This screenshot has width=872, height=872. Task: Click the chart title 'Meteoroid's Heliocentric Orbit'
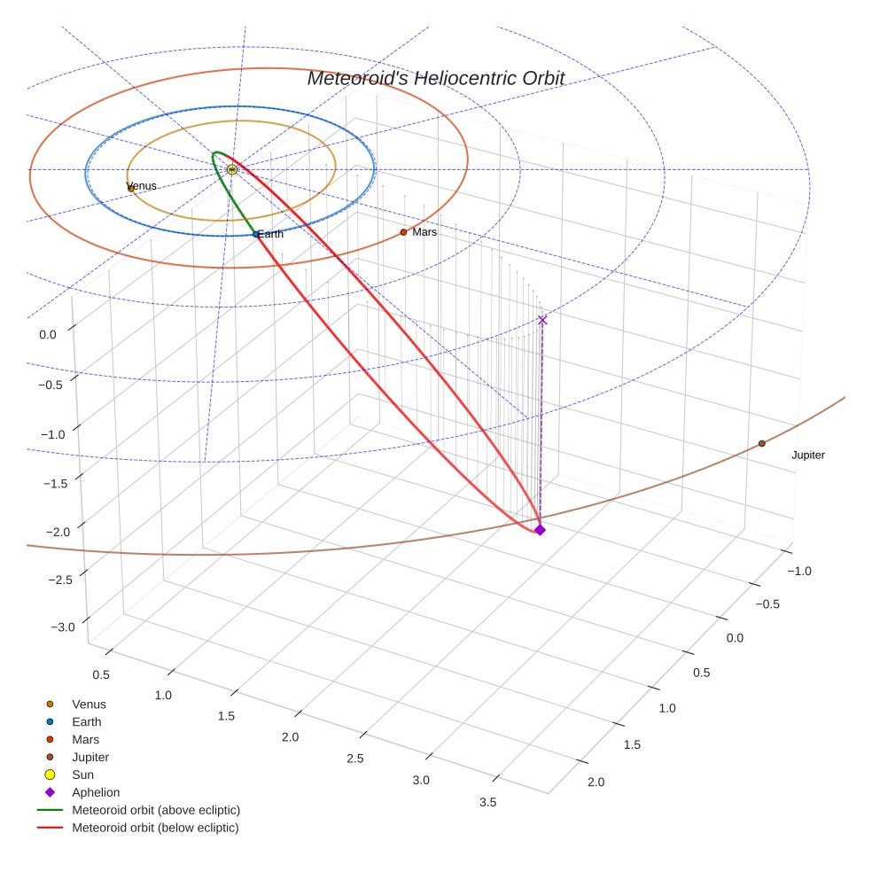tap(435, 78)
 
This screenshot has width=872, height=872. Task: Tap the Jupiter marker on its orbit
tap(761, 443)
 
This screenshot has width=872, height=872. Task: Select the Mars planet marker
tap(403, 232)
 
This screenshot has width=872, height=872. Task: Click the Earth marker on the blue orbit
tap(256, 234)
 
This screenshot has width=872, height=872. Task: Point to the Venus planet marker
tap(131, 188)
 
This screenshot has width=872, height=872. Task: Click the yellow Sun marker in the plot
tap(232, 169)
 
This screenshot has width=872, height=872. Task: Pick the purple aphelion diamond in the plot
tap(540, 530)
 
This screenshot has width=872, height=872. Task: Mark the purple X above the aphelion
tap(542, 320)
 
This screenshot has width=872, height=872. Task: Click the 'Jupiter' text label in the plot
tap(807, 455)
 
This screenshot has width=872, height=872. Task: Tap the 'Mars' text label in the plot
tap(424, 232)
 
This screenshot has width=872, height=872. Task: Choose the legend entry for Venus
tap(89, 705)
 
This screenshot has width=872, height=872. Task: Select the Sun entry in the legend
tap(82, 775)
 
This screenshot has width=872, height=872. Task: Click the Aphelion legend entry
tap(96, 792)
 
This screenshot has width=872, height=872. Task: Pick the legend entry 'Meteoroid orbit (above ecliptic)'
tap(156, 810)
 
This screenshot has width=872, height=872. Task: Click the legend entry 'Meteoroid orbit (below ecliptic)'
tap(155, 828)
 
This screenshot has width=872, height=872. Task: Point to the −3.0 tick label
tap(63, 627)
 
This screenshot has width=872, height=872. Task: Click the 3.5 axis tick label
tap(487, 802)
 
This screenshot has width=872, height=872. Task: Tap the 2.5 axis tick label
tap(355, 759)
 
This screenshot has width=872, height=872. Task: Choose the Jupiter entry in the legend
tap(90, 757)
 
